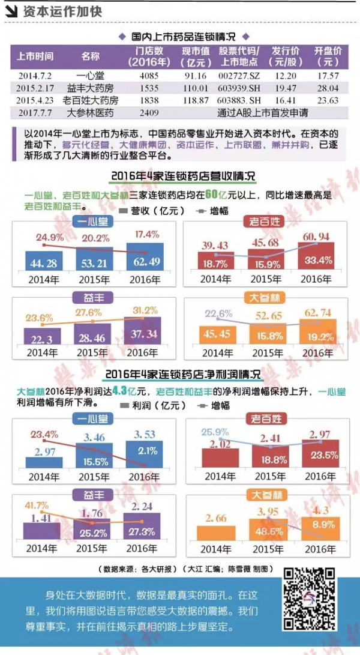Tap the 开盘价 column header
coord(328,56)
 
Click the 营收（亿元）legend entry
coord(149,211)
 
